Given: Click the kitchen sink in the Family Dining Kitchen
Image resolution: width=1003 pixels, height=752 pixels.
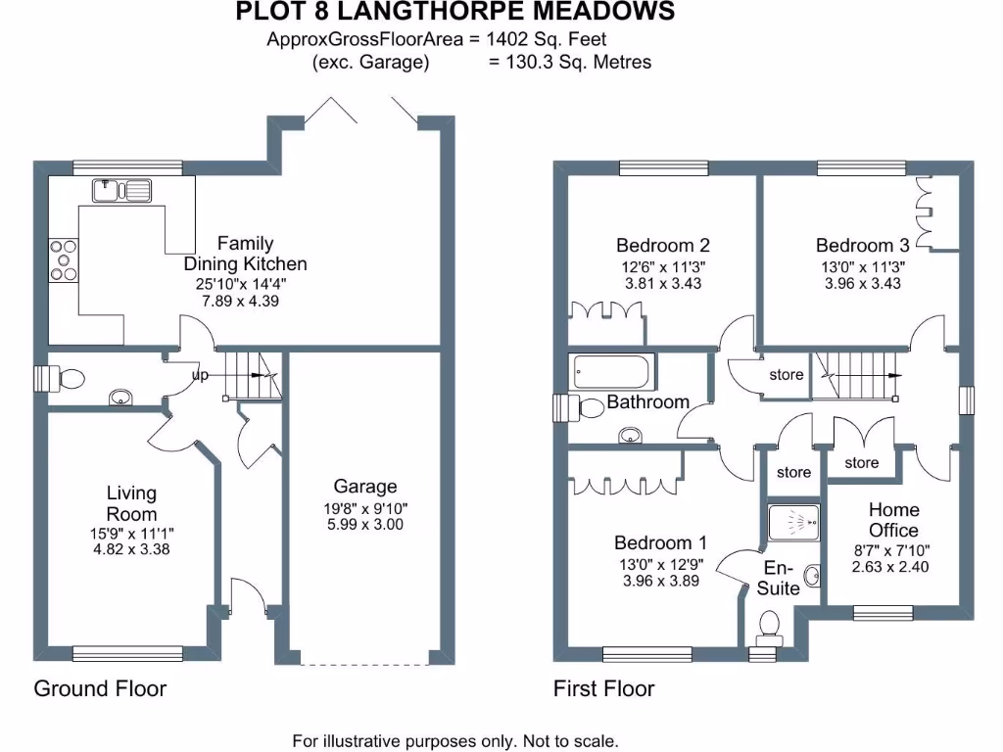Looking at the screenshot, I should point(121,189).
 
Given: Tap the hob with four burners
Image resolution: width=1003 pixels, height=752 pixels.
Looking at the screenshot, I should point(64,260).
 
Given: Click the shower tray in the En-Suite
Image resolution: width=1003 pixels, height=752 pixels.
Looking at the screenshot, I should point(794,522).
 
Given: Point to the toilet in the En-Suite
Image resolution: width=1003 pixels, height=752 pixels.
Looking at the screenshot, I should point(769,625).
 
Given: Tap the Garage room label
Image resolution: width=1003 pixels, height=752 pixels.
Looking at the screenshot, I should point(365,487).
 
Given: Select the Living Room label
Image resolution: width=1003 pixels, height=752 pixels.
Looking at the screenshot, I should point(131,504).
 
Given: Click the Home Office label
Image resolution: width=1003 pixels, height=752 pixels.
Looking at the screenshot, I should point(893,520).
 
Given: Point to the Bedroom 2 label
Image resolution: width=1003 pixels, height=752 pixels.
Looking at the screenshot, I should point(662,246).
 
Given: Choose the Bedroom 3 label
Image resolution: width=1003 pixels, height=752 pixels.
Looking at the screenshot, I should point(862,246).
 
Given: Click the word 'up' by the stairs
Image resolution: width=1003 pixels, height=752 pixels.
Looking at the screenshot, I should point(200,374).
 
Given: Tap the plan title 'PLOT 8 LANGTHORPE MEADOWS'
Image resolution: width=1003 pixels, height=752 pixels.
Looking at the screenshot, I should point(455,12).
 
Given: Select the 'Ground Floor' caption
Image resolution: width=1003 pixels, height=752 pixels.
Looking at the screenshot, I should point(100,688).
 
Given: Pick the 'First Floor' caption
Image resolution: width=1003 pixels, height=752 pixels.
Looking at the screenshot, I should point(603,688).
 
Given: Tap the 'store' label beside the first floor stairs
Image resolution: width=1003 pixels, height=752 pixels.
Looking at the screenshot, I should point(786,375).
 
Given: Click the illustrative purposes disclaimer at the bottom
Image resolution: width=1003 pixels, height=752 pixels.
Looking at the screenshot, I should point(455,740).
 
